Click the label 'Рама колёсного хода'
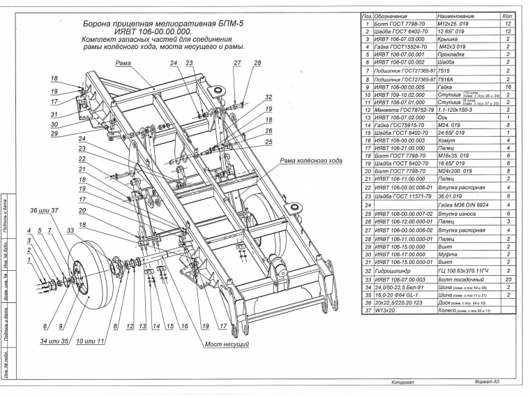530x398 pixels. point(311,161)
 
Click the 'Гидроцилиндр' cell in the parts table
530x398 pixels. point(395,270)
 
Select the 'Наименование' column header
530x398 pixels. point(457,15)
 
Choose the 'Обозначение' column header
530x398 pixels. point(395,15)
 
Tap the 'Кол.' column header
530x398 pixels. point(508,15)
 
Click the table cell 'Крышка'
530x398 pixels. point(450,39)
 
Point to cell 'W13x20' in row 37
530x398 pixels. point(386,311)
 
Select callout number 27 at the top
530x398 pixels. point(237,63)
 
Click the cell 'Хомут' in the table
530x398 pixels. point(448,140)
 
